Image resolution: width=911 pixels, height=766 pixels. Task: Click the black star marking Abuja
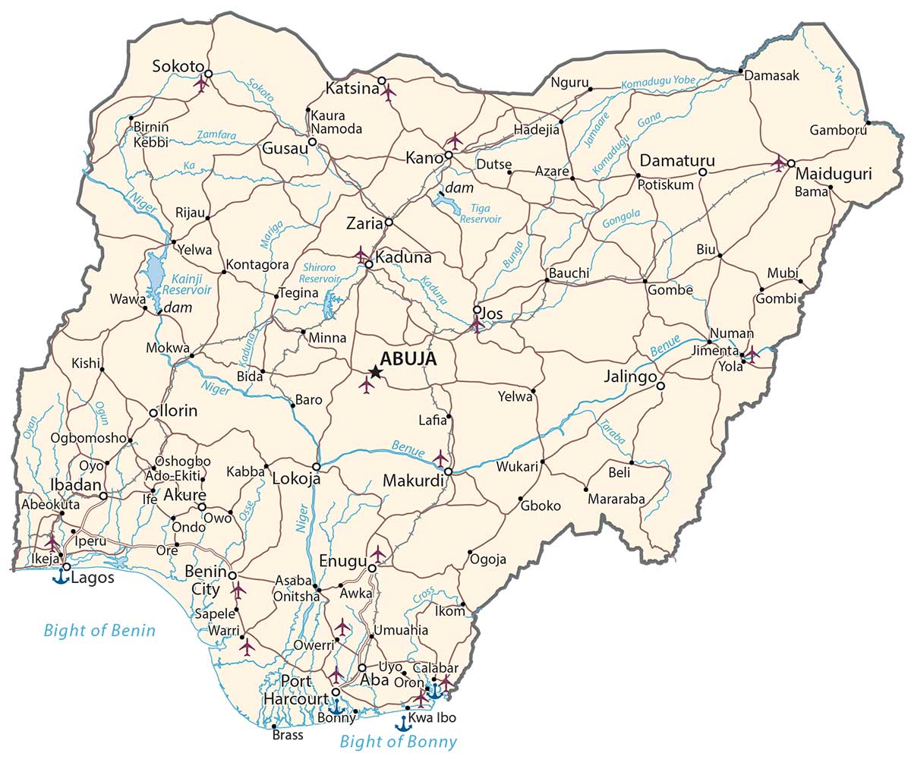(x=375, y=371)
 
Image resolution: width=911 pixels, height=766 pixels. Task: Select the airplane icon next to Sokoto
(x=200, y=83)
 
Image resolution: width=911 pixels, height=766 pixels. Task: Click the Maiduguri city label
(x=833, y=175)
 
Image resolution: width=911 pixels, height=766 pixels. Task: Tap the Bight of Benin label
(x=99, y=630)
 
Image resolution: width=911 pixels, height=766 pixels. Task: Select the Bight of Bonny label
(x=399, y=742)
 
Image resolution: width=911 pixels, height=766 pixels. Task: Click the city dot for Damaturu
(x=703, y=173)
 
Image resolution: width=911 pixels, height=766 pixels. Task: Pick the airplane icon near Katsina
(x=389, y=93)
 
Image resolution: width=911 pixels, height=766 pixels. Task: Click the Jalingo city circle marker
(x=660, y=386)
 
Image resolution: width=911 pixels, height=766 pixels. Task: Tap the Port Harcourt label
(x=296, y=689)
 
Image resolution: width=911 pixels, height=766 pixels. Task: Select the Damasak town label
(x=772, y=76)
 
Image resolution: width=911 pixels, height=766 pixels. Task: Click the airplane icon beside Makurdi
(x=440, y=458)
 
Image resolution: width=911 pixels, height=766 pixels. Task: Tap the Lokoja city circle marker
(x=317, y=467)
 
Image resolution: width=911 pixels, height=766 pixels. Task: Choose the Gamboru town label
(x=838, y=130)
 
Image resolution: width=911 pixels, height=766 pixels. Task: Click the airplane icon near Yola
(x=751, y=355)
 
